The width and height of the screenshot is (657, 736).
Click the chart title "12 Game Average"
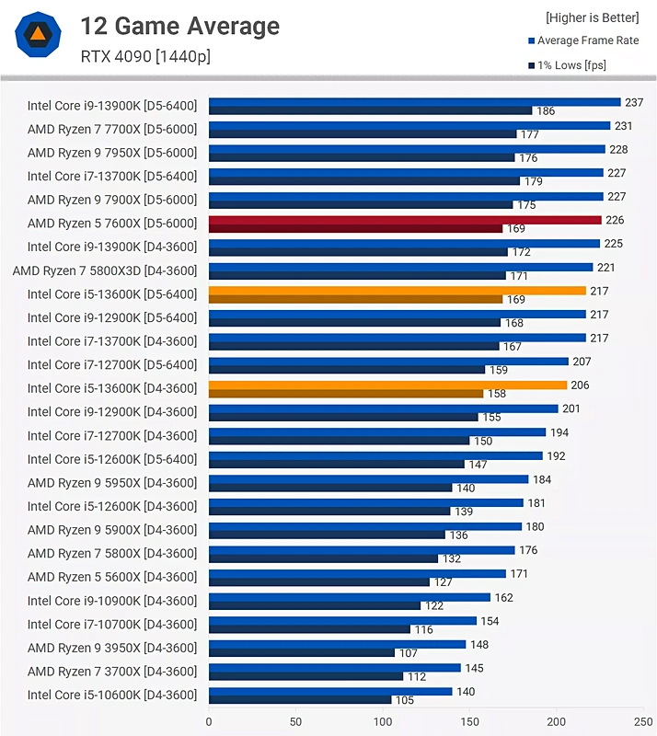(x=179, y=26)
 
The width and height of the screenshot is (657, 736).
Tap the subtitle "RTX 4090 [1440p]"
(x=145, y=57)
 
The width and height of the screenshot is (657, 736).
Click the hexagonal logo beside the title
(x=38, y=36)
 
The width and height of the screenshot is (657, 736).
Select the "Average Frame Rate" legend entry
(x=587, y=40)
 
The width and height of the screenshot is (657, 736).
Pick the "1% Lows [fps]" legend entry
(x=571, y=65)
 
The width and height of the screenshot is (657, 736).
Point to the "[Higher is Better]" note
(x=592, y=17)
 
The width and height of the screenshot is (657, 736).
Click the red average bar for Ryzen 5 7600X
(x=405, y=220)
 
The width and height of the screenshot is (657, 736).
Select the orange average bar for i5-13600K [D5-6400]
(x=398, y=291)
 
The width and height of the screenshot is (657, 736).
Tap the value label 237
(x=634, y=102)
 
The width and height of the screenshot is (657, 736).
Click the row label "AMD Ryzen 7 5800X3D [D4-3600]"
(x=105, y=270)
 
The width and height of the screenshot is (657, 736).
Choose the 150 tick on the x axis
(x=470, y=722)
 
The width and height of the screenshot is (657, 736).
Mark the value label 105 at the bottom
(x=406, y=700)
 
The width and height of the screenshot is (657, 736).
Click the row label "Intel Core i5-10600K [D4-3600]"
(x=112, y=695)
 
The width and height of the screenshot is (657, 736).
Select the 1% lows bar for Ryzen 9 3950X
(x=301, y=653)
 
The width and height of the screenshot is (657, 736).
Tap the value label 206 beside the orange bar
(x=580, y=385)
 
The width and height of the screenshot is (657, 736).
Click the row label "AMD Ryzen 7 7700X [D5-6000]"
(x=112, y=129)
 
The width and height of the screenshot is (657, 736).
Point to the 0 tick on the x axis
(x=209, y=722)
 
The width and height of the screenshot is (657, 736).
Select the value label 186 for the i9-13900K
(x=546, y=111)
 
